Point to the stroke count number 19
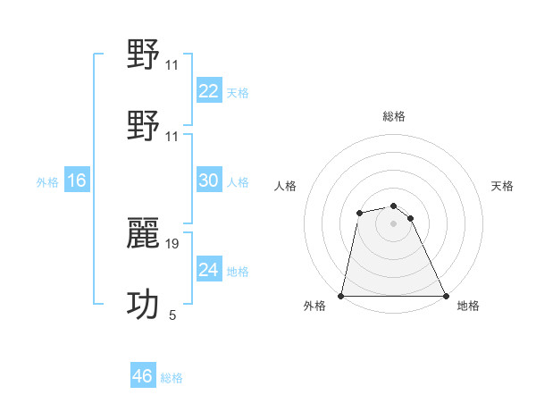[x=172, y=242]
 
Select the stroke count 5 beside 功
[x=172, y=315]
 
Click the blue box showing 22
[x=208, y=91]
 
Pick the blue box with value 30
[x=208, y=181]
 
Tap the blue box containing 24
[x=208, y=270]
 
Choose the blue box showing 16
[x=77, y=181]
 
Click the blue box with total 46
[x=142, y=376]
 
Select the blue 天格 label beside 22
[x=238, y=93]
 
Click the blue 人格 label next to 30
[x=238, y=182]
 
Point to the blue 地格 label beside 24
[x=238, y=272]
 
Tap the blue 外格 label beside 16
[x=47, y=182]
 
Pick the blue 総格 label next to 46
[x=172, y=378]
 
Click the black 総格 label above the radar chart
[x=394, y=116]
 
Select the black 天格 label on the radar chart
[x=503, y=186]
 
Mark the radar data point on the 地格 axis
[x=446, y=296]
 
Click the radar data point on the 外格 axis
[x=341, y=296]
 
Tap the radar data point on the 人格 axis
[x=359, y=213]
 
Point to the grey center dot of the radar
[x=394, y=223]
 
